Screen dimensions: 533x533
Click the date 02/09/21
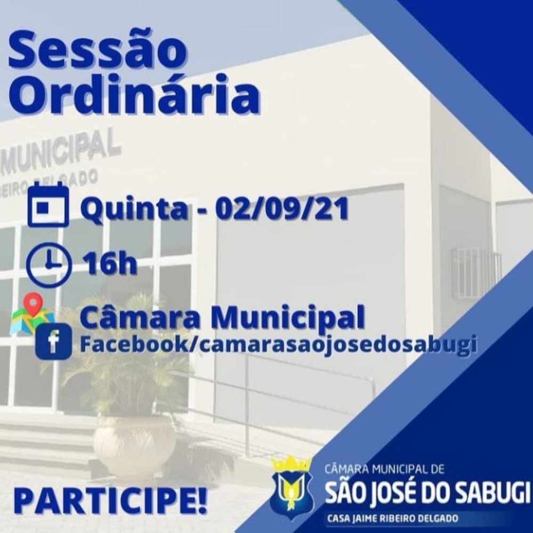click(282, 208)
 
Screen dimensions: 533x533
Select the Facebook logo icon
click(53, 342)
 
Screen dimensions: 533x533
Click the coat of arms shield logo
click(292, 491)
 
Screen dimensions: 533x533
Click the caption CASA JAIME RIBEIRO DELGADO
click(393, 519)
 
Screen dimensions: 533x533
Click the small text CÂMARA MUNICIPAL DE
click(384, 470)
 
